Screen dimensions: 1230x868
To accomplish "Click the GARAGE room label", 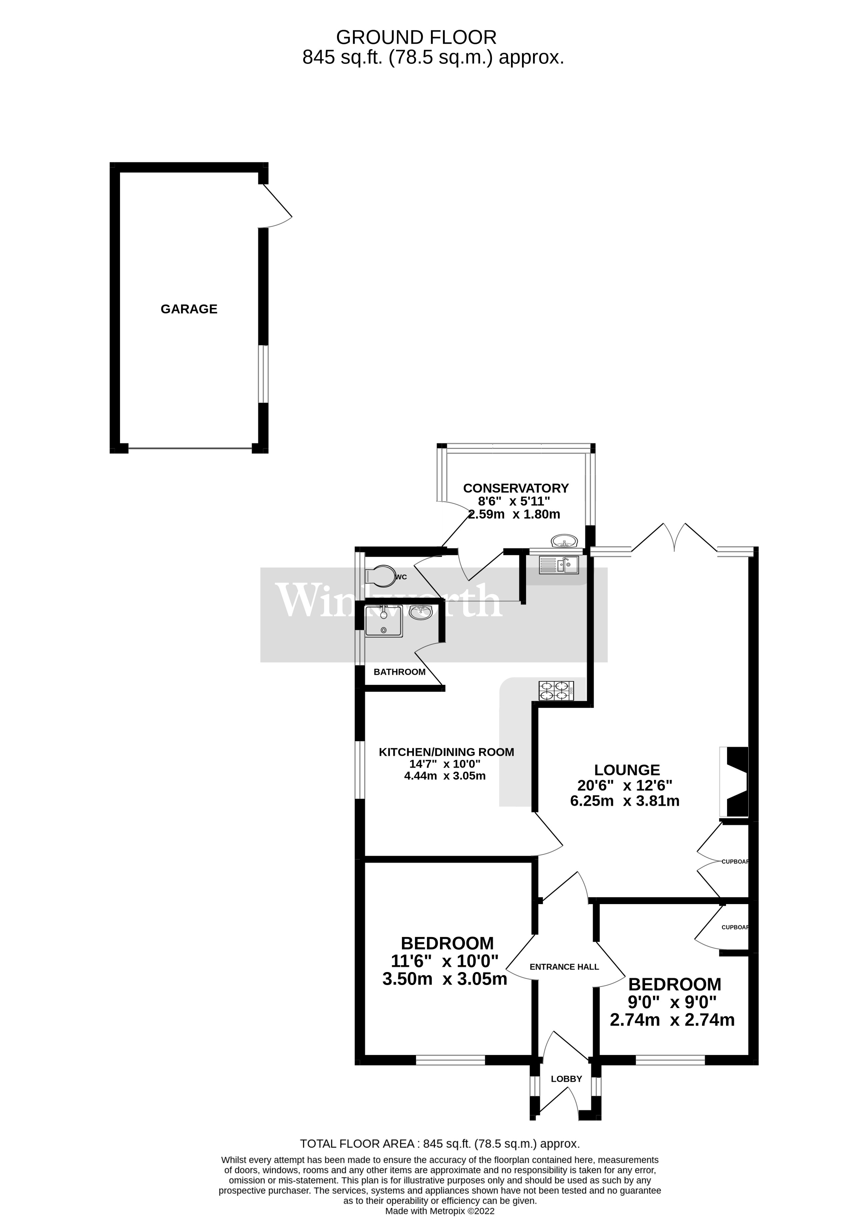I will click(x=189, y=309).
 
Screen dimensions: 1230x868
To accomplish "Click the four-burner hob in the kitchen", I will click(x=556, y=690).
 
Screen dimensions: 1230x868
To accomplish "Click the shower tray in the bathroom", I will click(x=384, y=621).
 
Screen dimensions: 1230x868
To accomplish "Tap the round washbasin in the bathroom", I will click(x=421, y=612).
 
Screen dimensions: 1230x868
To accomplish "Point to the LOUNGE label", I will click(x=627, y=770).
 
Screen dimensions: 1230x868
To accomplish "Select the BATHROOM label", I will click(x=400, y=672).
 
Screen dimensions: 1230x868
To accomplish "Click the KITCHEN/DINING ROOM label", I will click(x=446, y=752).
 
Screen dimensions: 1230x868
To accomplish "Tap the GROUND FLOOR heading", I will click(x=416, y=38).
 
